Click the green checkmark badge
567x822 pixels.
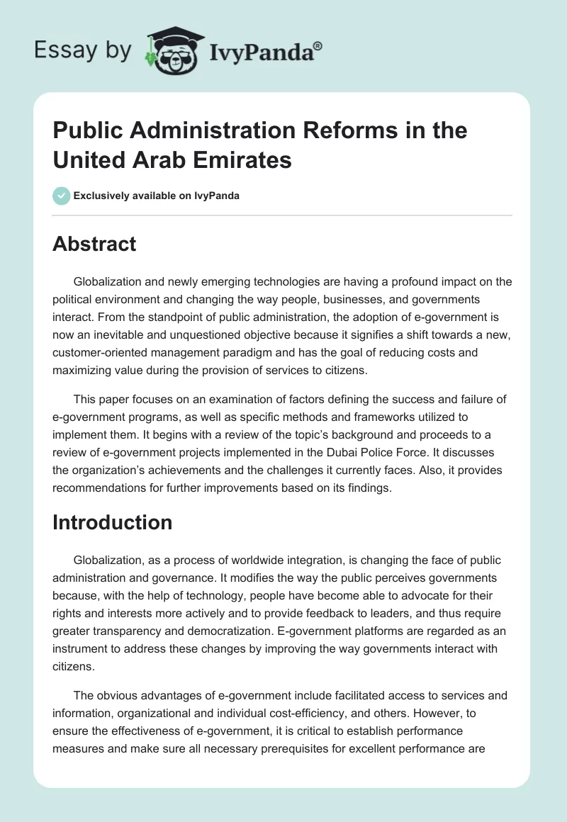point(62,196)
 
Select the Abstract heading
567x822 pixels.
point(94,244)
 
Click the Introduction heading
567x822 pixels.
point(113,522)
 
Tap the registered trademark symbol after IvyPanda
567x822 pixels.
point(318,44)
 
